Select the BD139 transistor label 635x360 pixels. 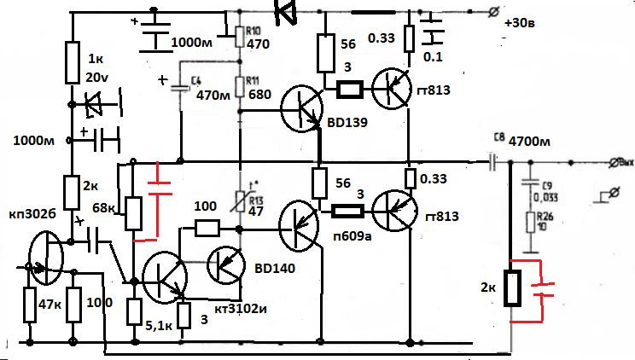coord(343,123)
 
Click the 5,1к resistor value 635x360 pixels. coord(163,324)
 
